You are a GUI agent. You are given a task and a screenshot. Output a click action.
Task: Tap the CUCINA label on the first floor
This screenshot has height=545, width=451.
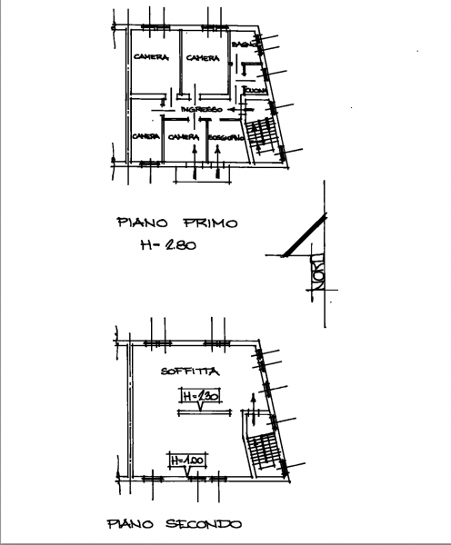coord(254,91)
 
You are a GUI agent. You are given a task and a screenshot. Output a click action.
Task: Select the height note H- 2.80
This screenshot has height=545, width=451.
coord(169,245)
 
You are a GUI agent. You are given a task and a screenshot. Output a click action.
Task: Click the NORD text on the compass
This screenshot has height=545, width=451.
coord(318,273)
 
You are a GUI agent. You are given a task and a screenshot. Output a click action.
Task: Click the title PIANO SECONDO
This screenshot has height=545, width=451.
coord(174,524)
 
